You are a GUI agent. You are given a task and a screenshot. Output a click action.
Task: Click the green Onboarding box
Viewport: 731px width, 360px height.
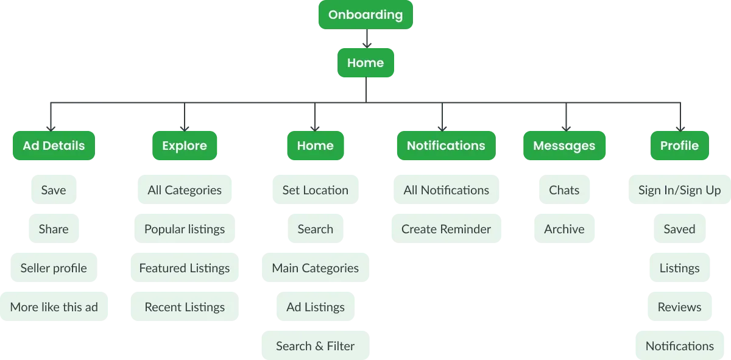click(x=365, y=15)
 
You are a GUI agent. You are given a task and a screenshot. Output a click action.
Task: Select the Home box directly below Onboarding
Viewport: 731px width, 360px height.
click(x=365, y=63)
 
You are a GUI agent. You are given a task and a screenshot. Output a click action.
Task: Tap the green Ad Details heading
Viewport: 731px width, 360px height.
click(x=54, y=146)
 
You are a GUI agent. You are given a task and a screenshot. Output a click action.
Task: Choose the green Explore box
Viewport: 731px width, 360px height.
click(x=184, y=146)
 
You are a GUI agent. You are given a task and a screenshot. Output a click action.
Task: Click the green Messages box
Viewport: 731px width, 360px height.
click(x=564, y=146)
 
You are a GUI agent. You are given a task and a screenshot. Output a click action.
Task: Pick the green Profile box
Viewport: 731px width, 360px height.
click(x=679, y=146)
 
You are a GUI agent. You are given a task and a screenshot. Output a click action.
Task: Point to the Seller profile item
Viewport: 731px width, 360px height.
click(x=54, y=268)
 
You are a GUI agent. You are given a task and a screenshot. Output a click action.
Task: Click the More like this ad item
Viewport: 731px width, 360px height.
click(x=54, y=307)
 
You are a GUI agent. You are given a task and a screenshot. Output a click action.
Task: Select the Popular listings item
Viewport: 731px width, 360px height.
click(x=185, y=229)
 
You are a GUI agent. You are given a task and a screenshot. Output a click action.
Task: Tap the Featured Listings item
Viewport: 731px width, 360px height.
click(x=185, y=268)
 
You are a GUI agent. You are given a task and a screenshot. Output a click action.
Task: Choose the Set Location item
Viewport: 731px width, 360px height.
click(x=315, y=190)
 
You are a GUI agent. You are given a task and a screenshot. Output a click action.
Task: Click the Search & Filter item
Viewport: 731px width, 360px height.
click(x=315, y=346)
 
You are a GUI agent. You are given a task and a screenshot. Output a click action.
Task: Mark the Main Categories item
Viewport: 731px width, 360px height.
click(x=315, y=268)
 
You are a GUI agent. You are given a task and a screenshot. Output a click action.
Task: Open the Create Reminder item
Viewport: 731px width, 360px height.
click(x=446, y=229)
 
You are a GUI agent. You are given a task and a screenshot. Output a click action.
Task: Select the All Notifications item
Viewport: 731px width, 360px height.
click(x=446, y=190)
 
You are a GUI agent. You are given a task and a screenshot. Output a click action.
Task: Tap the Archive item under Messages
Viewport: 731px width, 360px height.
click(x=564, y=229)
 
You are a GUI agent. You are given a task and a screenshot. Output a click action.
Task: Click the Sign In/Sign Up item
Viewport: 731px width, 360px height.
click(x=679, y=190)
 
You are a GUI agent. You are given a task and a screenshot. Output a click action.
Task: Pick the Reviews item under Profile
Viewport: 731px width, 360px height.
click(x=679, y=307)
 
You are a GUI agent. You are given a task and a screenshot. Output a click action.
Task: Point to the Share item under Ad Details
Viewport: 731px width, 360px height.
click(x=54, y=229)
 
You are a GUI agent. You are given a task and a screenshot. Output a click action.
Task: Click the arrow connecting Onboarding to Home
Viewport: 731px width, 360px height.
click(x=365, y=40)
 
